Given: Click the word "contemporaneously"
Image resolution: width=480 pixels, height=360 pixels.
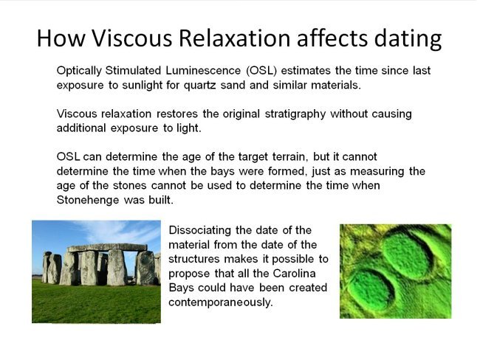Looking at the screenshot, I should click(221, 302).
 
